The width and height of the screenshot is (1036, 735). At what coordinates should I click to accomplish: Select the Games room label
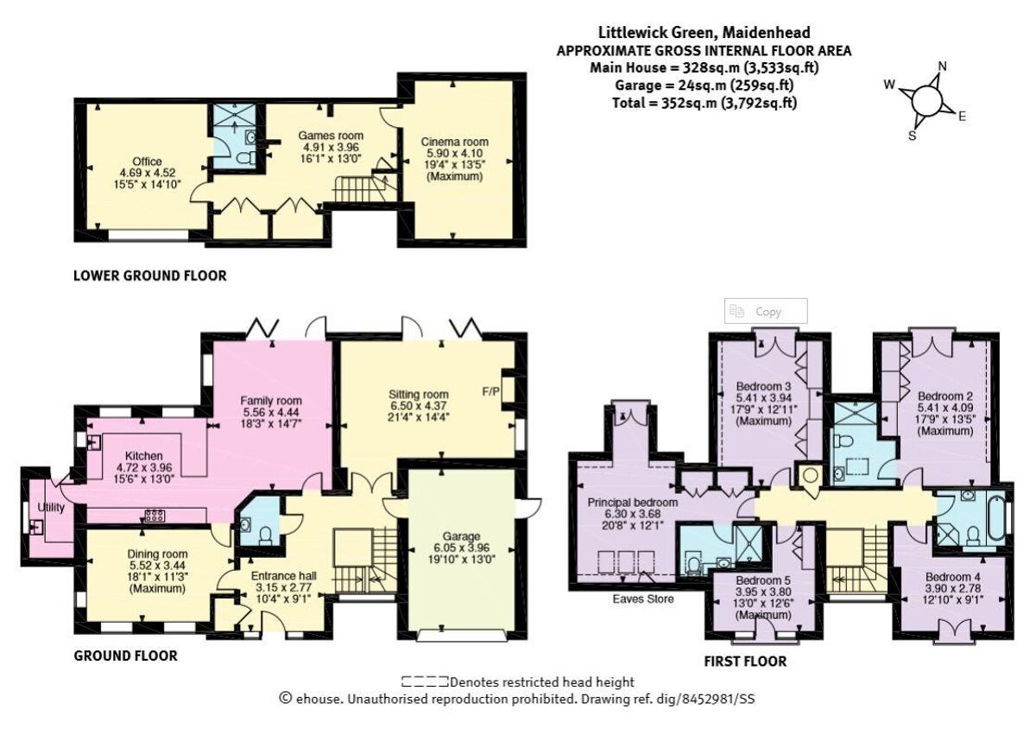click(331, 136)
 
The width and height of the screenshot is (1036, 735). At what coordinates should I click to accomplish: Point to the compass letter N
click(943, 67)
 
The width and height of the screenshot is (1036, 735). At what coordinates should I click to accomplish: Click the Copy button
click(767, 311)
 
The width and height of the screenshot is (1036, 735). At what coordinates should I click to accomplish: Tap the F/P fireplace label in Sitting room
click(491, 391)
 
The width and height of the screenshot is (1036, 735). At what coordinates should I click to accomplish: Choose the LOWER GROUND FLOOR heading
click(150, 276)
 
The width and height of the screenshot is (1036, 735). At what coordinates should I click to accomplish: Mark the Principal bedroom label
click(633, 502)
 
